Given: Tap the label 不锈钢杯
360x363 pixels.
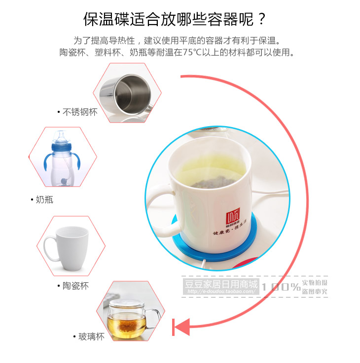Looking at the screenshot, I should pyautogui.click(x=80, y=112).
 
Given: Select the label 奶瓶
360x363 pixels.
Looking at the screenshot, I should pyautogui.click(x=44, y=199).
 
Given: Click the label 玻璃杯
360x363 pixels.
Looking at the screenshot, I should pyautogui.click(x=92, y=337).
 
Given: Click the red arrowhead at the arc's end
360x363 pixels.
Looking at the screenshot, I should pyautogui.click(x=181, y=327).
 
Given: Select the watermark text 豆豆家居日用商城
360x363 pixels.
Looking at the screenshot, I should pyautogui.click(x=221, y=285).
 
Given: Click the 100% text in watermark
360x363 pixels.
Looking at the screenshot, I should pyautogui.click(x=281, y=287).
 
